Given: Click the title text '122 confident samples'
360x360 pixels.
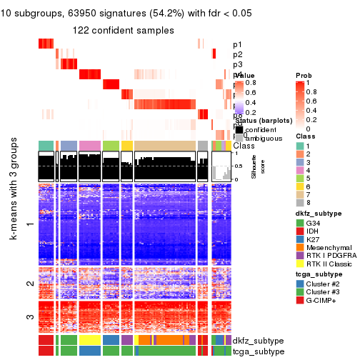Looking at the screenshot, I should pyautogui.click(x=124, y=30).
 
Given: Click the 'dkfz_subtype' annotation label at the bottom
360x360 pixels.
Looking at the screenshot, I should pyautogui.click(x=258, y=340).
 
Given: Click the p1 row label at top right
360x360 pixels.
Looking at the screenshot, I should pyautogui.click(x=237, y=44).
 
